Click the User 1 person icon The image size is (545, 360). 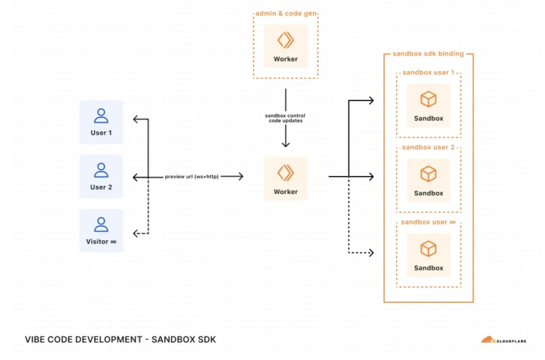(101, 116)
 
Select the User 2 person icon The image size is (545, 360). (101, 170)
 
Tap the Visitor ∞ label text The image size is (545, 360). (101, 241)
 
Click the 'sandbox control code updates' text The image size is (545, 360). (285, 118)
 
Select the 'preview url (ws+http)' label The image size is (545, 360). (192, 176)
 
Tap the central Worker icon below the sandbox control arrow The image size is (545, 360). (286, 173)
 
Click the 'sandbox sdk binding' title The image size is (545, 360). (428, 54)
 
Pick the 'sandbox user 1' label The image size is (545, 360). (428, 72)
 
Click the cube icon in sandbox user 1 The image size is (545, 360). (428, 100)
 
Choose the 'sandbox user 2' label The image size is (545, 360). (428, 147)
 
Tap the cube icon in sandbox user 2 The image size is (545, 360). (428, 174)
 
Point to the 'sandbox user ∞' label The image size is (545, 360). (428, 222)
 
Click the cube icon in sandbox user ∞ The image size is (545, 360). (428, 249)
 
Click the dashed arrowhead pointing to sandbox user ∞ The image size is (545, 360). (371, 252)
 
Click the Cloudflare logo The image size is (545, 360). (503, 340)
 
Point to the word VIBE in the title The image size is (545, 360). (35, 339)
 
